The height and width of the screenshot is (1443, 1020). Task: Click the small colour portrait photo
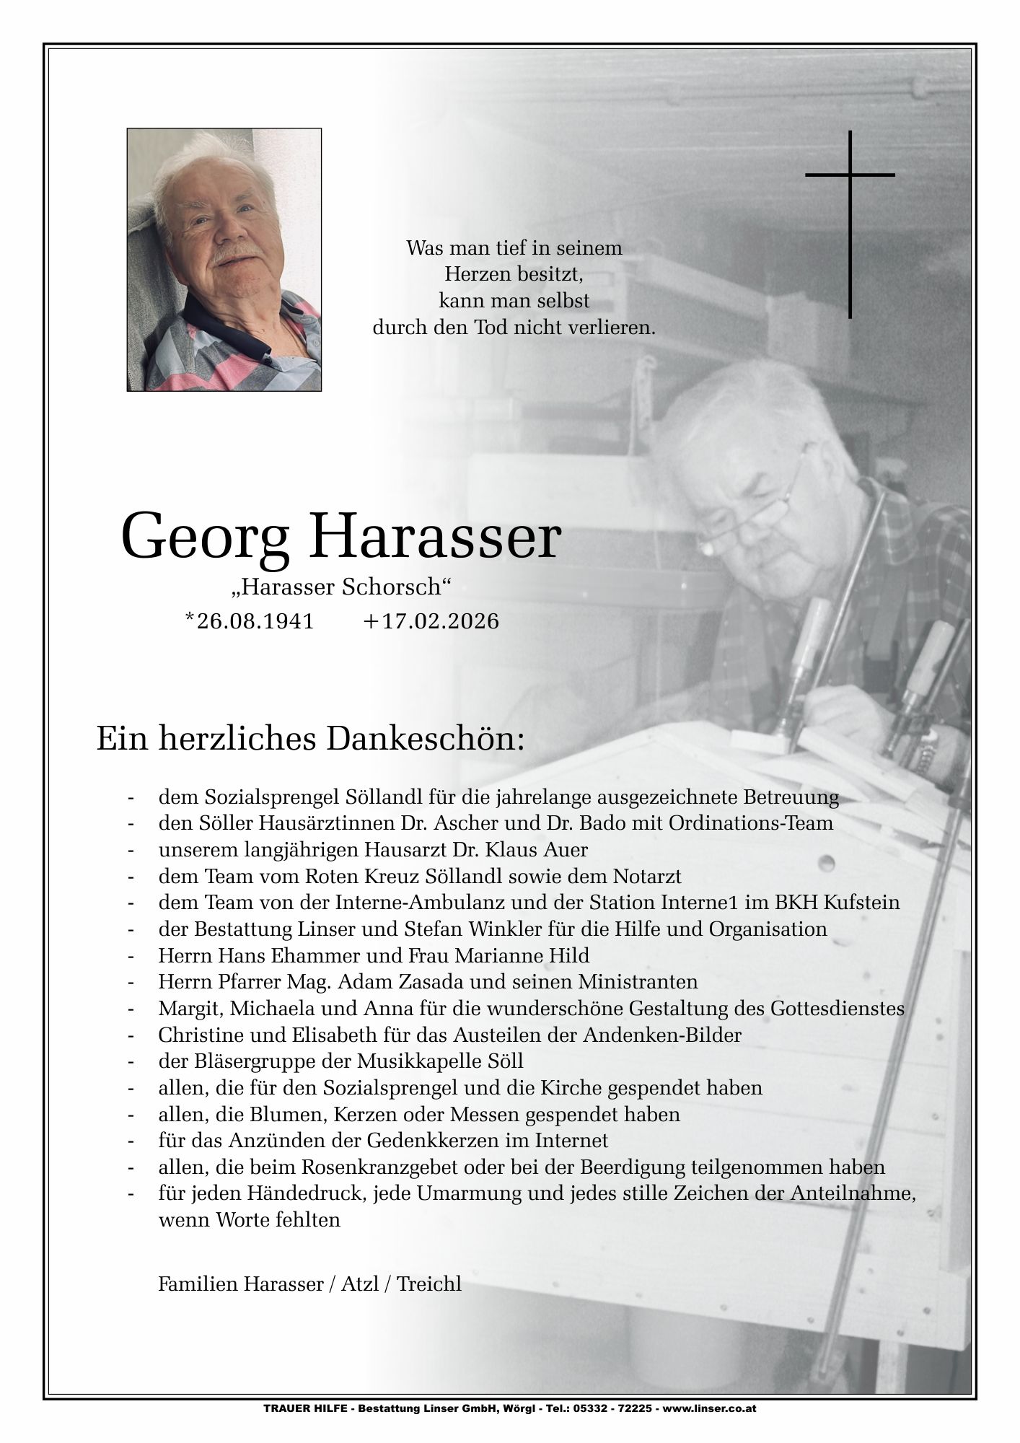click(x=224, y=260)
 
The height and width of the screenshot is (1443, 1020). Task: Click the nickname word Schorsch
click(x=396, y=587)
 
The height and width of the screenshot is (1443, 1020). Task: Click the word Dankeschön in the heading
click(x=425, y=740)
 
